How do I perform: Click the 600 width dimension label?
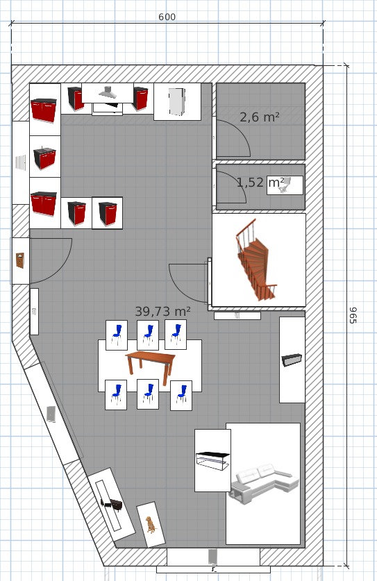[167, 17]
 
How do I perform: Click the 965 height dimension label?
[353, 315]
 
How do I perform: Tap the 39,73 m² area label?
[162, 312]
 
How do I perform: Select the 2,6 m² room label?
[260, 117]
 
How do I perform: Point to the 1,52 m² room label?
[260, 183]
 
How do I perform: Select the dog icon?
[151, 525]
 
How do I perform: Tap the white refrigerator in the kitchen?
[177, 101]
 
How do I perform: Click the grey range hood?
[108, 92]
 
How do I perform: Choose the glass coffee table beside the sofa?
[212, 461]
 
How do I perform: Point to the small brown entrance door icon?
[20, 260]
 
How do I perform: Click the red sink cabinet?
[44, 157]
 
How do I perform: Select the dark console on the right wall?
[292, 360]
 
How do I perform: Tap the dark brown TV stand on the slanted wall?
[112, 504]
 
